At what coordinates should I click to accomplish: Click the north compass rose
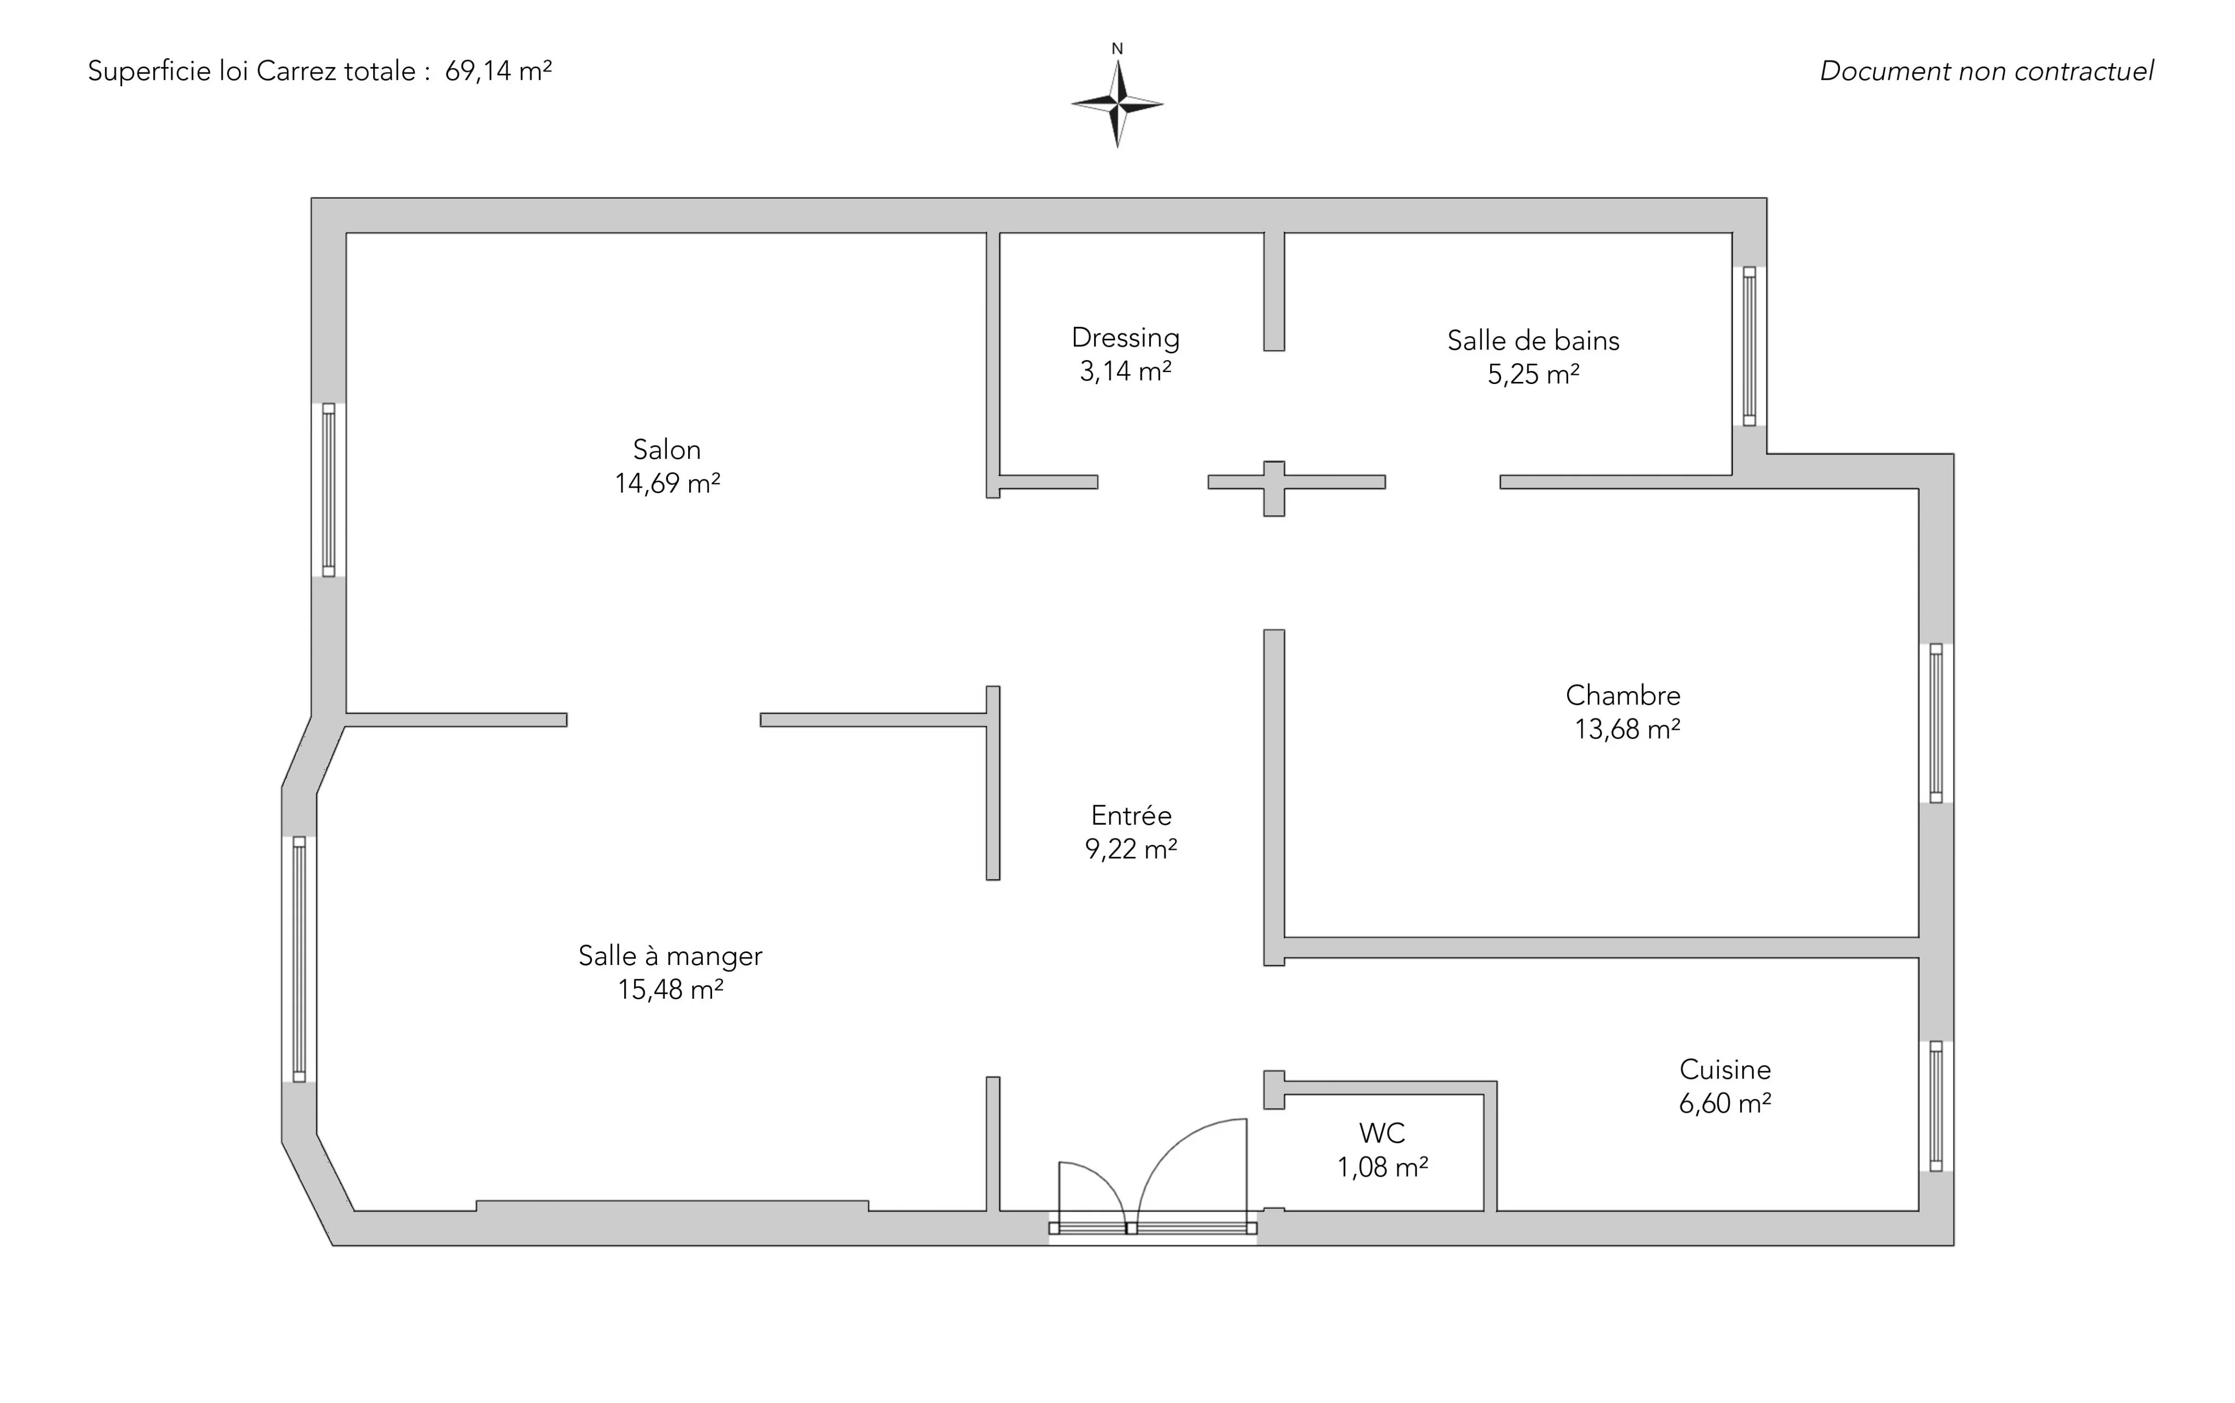pos(1117,104)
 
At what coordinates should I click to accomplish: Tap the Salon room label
pos(666,450)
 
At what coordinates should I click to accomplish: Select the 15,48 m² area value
pos(670,990)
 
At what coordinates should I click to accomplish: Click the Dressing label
pos(1125,338)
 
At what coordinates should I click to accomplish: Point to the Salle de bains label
pos(1533,341)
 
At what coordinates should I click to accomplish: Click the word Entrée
pos(1131,816)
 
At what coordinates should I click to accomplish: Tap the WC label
pos(1382,1133)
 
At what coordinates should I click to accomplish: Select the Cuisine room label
pos(1724,1070)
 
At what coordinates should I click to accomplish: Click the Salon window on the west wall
pos(328,490)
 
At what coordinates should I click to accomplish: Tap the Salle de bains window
pos(1749,346)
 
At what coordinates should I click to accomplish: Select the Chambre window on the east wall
pos(1936,723)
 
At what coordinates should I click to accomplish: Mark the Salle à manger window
pos(299,960)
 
